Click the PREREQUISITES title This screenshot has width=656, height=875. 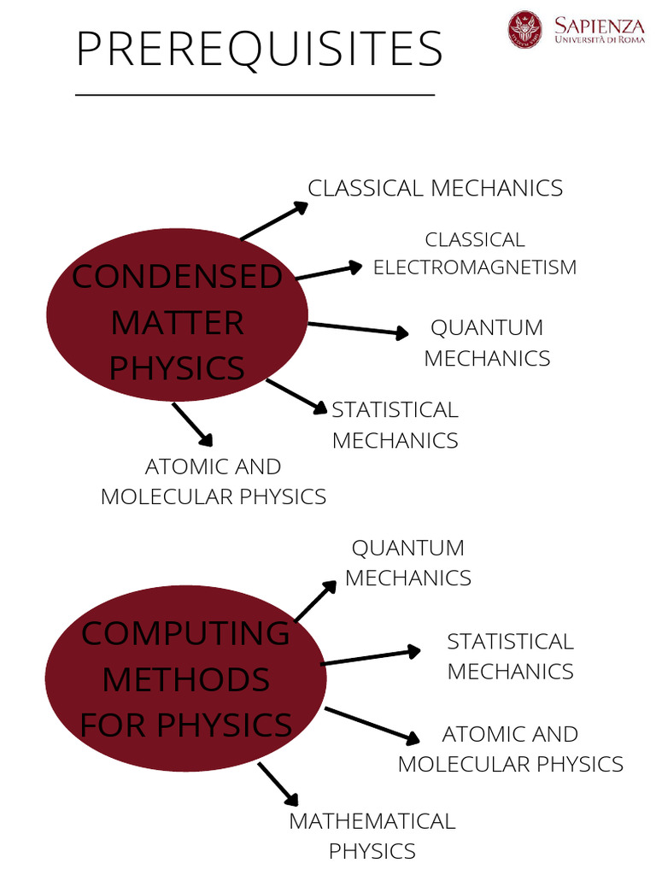coord(259,49)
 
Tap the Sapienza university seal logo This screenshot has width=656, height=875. coord(525,29)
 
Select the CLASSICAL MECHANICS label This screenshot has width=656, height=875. coord(435,188)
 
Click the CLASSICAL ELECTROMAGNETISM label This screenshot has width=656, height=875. coord(475,253)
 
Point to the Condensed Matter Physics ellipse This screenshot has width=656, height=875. coord(177,322)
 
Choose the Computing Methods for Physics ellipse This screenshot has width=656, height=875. coord(185,678)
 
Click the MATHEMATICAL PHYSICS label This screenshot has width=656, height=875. coord(372,836)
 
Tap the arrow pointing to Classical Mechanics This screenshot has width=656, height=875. coord(273,220)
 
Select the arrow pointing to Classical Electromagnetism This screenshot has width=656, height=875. coord(328,273)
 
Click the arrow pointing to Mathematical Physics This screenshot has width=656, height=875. coord(278,784)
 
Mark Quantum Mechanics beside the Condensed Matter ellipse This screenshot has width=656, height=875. coord(487,343)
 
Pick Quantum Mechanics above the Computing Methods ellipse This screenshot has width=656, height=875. coord(408,562)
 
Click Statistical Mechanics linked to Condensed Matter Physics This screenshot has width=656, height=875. coord(395,425)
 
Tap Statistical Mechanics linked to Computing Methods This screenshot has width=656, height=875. coord(510,656)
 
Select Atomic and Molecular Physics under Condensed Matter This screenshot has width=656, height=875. coord(214,481)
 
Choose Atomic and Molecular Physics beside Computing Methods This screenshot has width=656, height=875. coord(511,749)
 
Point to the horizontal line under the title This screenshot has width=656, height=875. coord(255,94)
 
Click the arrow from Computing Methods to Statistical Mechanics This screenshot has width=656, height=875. coord(371,657)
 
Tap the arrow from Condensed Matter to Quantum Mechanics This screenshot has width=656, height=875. coord(359,329)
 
